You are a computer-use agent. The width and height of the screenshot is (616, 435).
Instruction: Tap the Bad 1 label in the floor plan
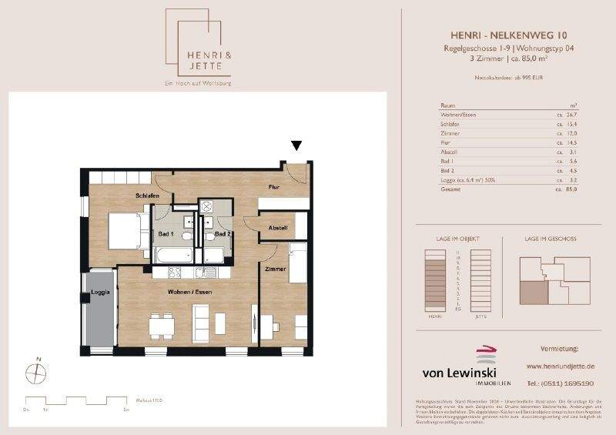166,233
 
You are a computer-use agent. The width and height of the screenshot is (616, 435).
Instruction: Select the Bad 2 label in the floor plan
223,233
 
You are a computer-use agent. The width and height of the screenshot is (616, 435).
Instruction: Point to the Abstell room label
277,228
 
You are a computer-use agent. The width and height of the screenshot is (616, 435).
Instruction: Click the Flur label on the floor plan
273,187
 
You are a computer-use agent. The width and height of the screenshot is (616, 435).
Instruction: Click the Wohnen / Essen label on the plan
190,293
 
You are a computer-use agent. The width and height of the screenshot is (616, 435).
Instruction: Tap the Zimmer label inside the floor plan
276,269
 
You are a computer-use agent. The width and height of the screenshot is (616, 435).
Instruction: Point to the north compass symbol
35,372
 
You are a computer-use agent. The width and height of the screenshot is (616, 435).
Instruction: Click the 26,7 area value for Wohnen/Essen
570,115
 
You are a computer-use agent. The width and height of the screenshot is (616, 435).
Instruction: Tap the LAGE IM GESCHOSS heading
551,239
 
